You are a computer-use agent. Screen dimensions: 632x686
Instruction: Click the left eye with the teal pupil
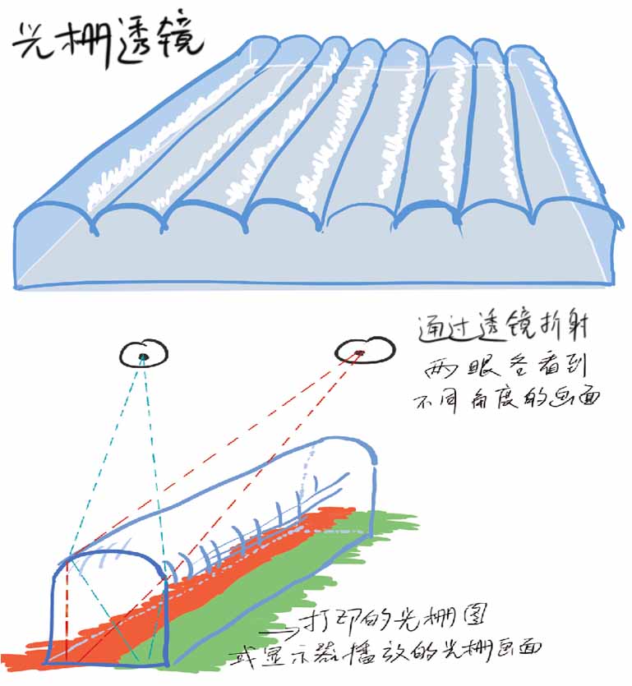[145, 354]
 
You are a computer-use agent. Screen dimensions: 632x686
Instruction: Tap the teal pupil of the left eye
[144, 356]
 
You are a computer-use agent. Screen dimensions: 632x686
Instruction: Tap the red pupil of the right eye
[359, 353]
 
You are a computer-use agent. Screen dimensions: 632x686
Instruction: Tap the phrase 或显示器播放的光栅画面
[386, 648]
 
